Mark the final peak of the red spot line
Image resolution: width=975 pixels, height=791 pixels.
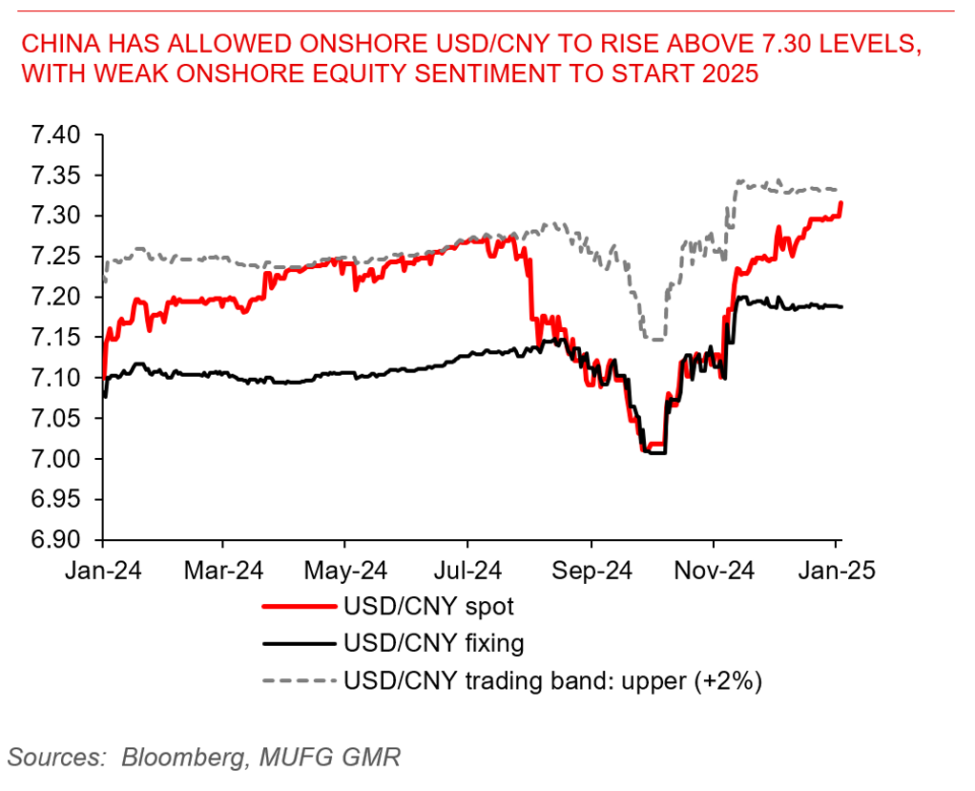coord(840,202)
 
